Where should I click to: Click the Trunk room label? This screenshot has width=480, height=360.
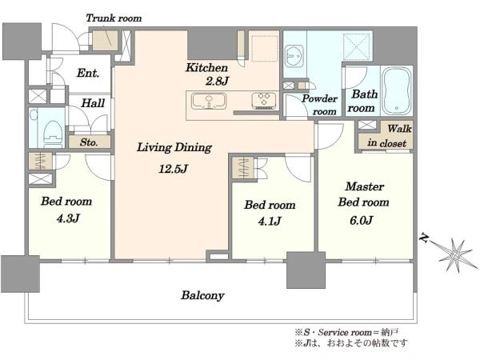coord(114,18)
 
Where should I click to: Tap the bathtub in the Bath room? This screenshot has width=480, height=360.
coord(397,90)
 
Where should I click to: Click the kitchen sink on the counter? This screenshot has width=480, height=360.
coord(209,102)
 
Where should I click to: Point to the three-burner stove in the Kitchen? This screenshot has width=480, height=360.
coord(263,101)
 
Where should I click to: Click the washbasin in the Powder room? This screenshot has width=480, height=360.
coord(294,56)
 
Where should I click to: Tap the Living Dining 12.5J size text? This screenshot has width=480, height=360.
coord(173,169)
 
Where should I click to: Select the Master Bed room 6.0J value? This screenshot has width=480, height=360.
coord(362,221)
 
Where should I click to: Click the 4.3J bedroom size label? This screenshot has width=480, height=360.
coord(68,218)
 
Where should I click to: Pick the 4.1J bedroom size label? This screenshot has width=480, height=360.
coord(270,221)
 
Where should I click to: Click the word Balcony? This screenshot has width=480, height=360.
coord(202,296)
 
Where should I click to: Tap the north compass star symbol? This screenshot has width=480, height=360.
coord(455,254)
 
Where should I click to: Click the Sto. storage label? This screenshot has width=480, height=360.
coord(89,142)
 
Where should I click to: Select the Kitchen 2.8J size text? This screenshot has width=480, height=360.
coord(217,81)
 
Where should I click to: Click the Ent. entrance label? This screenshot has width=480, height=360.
coord(88,73)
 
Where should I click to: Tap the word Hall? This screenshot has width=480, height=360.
coord(93,103)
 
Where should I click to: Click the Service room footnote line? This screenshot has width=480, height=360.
coord(346,332)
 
